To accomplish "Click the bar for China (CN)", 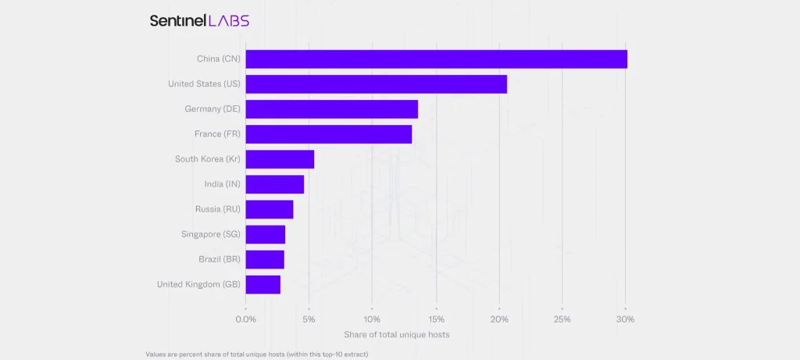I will [436, 59].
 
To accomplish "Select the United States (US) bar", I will [376, 84].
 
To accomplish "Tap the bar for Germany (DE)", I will [331, 109].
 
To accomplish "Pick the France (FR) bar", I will [328, 134].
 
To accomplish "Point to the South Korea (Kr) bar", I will [280, 159].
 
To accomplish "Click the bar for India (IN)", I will [274, 184].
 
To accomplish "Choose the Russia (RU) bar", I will [269, 209].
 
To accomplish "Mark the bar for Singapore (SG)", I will [265, 234].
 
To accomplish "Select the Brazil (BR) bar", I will [264, 259].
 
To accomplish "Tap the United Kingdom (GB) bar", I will [262, 284].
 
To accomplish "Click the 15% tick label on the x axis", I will [436, 319].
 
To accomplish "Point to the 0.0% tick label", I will [245, 319].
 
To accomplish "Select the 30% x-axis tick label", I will [625, 319].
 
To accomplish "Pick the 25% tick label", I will [562, 319].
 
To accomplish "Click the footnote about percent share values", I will [256, 354].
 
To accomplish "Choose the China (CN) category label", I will [219, 59].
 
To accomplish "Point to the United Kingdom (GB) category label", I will [198, 284].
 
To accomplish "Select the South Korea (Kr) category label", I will [207, 159].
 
